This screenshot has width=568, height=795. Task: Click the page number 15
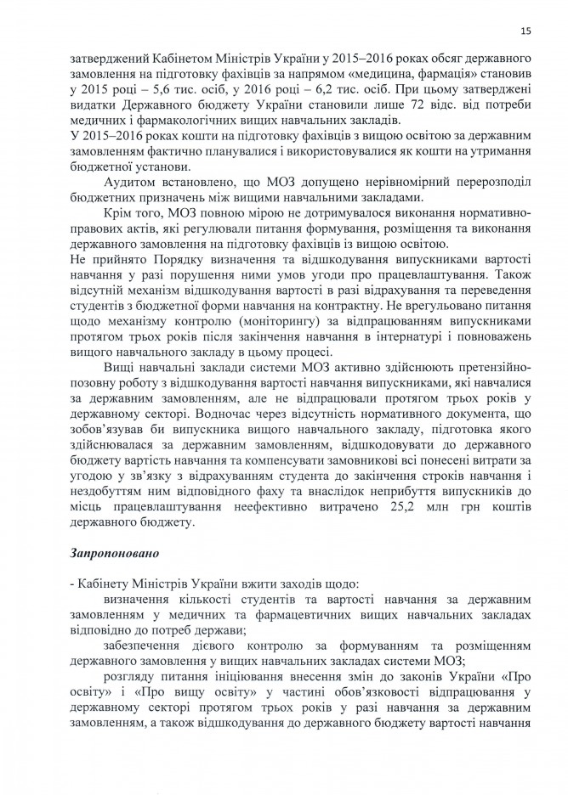click(526, 31)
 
